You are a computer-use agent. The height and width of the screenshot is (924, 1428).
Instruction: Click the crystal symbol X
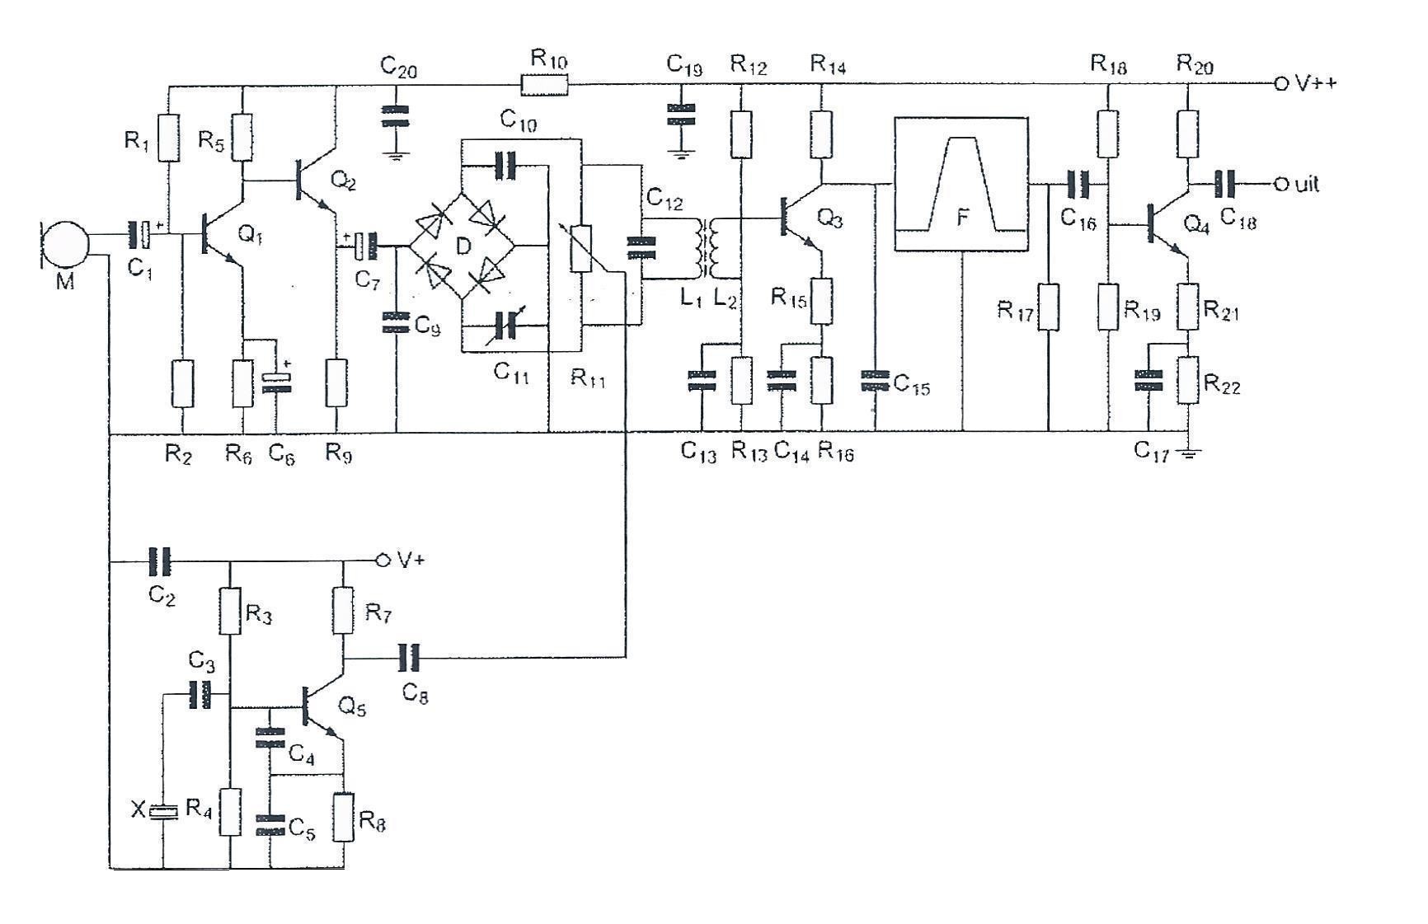(163, 812)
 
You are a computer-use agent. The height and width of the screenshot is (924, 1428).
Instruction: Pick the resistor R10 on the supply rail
(544, 83)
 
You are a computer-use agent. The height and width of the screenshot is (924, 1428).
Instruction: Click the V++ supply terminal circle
(1280, 83)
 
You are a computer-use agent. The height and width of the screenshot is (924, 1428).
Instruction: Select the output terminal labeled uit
(1280, 184)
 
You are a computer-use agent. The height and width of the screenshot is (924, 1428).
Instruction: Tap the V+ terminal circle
(382, 560)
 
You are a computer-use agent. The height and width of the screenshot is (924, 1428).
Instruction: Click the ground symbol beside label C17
(1188, 451)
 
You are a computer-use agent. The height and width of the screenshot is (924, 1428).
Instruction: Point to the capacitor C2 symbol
(160, 561)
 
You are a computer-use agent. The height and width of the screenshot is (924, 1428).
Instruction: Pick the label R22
(1221, 384)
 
